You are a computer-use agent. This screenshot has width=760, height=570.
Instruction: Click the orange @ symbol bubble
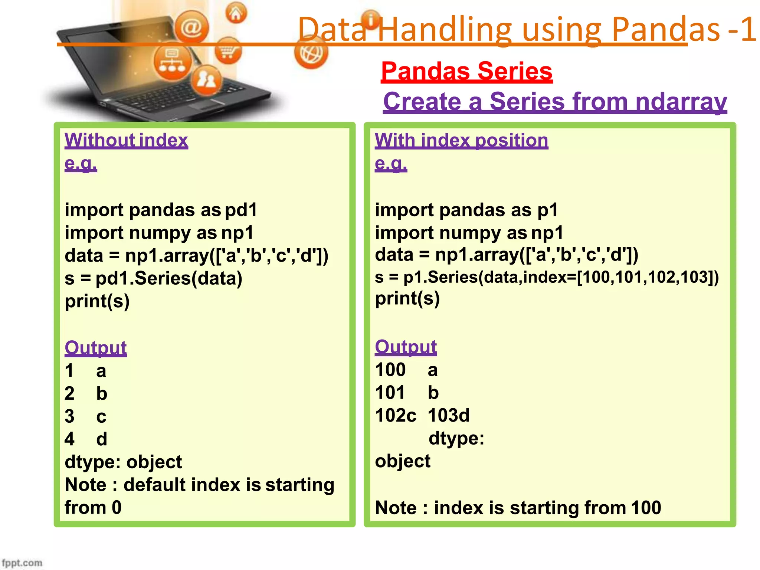coord(191,27)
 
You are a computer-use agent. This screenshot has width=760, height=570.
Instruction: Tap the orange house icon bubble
coord(236,13)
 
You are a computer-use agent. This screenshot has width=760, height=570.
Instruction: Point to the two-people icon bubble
coord(206,79)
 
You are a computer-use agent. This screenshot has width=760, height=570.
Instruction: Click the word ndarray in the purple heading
coord(681,101)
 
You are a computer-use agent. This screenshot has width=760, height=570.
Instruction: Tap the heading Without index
coord(126,140)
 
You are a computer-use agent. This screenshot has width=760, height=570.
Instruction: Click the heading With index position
coord(461,140)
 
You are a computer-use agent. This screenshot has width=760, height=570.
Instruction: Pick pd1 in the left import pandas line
coord(241,210)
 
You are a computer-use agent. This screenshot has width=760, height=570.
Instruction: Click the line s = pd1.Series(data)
coord(153,278)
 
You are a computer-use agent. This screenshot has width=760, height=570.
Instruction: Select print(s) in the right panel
coord(407,299)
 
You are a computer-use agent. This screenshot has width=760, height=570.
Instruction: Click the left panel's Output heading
coord(95,348)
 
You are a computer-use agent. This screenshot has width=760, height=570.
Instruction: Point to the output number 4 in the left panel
coord(69,439)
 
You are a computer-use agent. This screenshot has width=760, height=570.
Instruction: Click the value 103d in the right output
coord(448,415)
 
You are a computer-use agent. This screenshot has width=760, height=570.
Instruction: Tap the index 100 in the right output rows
coord(390,370)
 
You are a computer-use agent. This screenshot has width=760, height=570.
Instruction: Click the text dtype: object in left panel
coord(123,462)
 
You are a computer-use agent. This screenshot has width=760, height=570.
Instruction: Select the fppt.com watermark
coord(22,563)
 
